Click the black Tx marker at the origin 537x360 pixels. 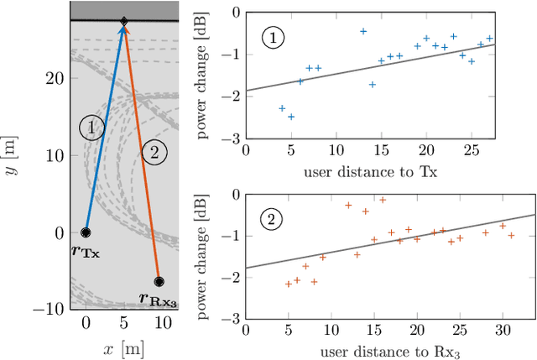[x=86, y=232]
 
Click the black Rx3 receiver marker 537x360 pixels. [x=159, y=282]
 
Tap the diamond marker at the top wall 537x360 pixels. [x=124, y=21]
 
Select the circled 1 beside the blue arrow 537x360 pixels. [x=91, y=128]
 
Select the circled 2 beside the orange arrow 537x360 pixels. [x=154, y=152]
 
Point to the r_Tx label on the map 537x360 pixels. [x=86, y=251]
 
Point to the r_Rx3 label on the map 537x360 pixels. [x=158, y=299]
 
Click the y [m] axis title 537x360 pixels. [x=13, y=159]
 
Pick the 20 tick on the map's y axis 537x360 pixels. [x=55, y=78]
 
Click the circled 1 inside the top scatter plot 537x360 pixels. [x=273, y=36]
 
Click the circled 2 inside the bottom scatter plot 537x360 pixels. [x=272, y=222]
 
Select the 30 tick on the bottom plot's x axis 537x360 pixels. [x=503, y=331]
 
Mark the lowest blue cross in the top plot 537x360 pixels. [x=291, y=117]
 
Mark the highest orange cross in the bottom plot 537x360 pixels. [x=383, y=200]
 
